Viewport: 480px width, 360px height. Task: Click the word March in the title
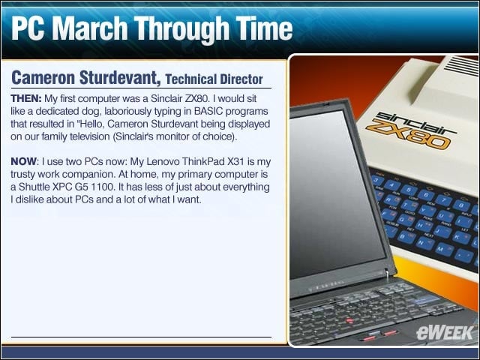(x=90, y=28)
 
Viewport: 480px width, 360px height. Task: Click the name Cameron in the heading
(x=43, y=77)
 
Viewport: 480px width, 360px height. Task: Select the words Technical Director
(x=214, y=79)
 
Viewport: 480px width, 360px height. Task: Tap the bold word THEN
(x=26, y=98)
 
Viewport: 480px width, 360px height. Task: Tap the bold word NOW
(x=23, y=161)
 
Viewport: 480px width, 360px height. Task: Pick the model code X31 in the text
(x=235, y=161)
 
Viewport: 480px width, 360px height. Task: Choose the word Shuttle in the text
(x=34, y=187)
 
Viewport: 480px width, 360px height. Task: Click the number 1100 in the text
(x=99, y=187)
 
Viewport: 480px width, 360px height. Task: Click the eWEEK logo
(x=445, y=332)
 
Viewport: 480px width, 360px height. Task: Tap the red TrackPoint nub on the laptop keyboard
(x=347, y=320)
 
